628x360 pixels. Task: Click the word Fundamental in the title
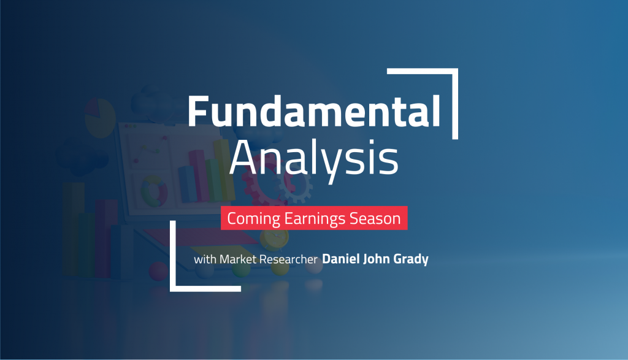pos(313,112)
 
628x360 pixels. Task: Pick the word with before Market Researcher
pos(205,259)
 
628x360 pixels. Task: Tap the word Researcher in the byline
pos(288,259)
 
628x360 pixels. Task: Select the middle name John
pos(381,259)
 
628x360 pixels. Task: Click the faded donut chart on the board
pos(154,191)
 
